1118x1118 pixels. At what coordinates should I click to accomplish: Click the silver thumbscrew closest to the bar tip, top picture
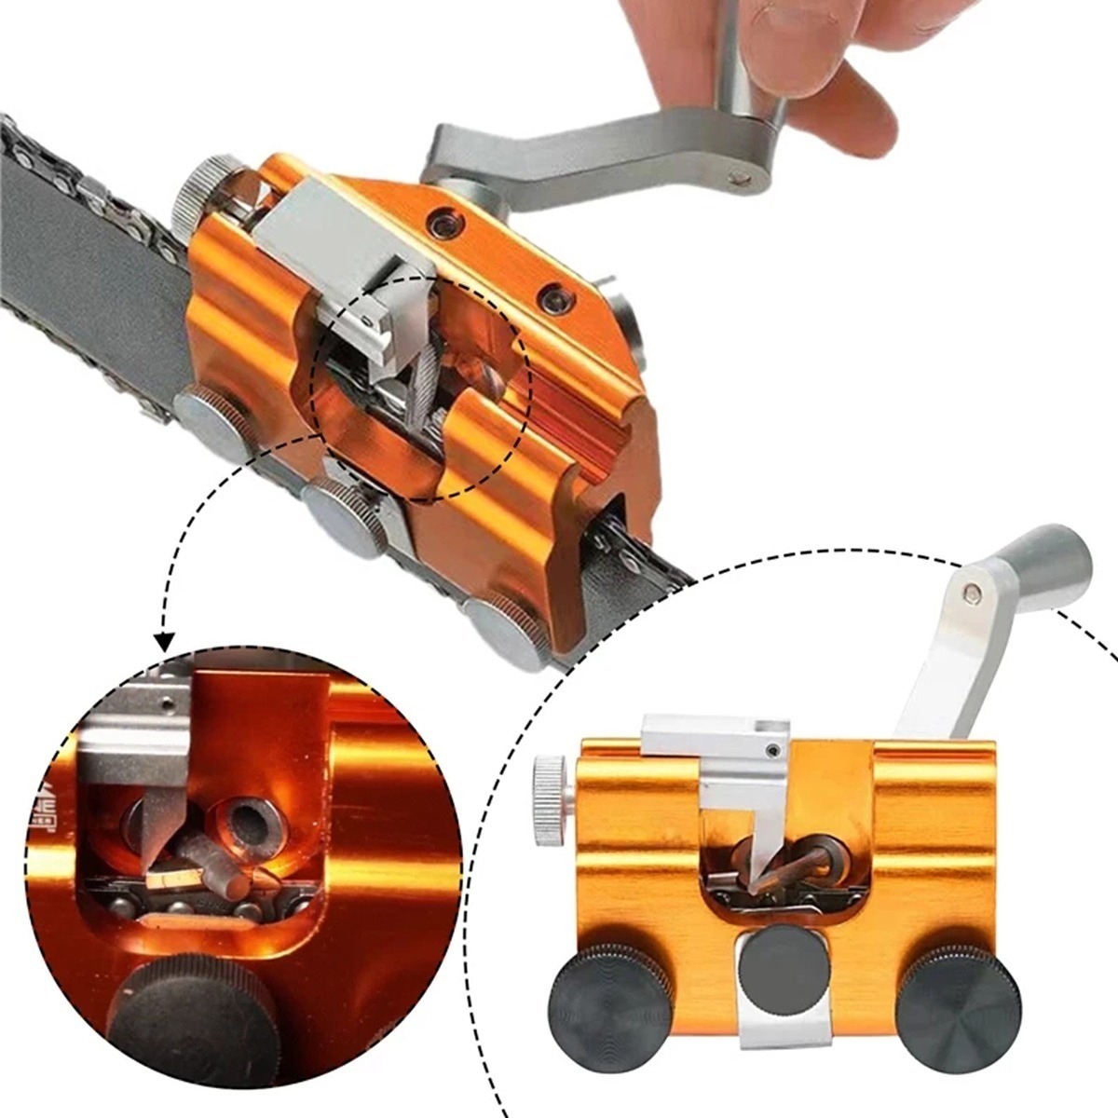[502, 632]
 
